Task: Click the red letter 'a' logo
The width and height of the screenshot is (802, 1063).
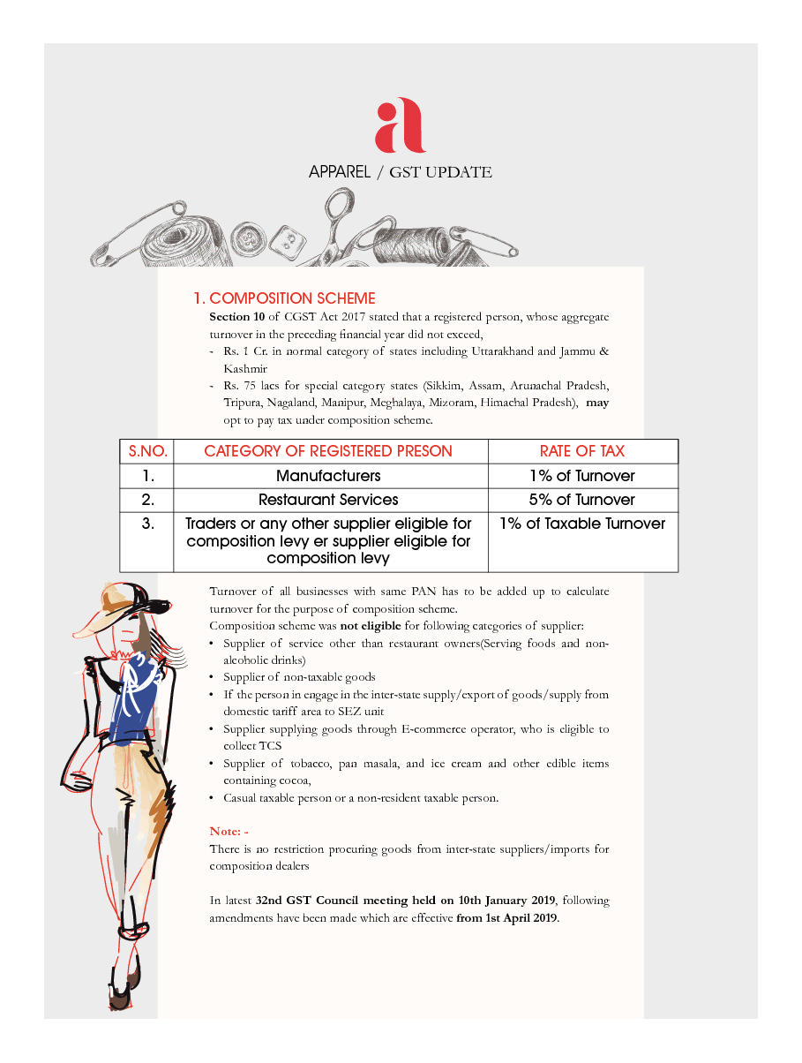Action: (400, 126)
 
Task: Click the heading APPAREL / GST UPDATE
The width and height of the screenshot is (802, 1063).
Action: (400, 172)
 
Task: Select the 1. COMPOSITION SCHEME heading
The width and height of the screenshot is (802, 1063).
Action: (284, 298)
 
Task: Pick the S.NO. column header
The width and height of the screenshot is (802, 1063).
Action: (147, 451)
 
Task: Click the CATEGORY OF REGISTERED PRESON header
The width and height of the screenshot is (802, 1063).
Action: (328, 451)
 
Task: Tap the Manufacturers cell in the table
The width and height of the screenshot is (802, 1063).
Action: (328, 476)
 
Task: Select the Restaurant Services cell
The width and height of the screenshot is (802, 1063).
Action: (328, 500)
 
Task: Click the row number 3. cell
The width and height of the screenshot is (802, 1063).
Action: (147, 524)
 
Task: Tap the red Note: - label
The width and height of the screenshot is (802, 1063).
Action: (229, 831)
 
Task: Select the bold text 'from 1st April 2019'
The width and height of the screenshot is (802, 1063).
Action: (506, 917)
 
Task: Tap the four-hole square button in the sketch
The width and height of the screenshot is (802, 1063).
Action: (285, 240)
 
